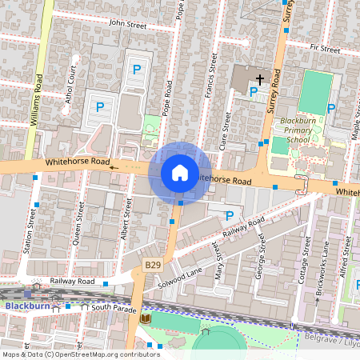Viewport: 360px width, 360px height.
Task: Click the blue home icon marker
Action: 180,172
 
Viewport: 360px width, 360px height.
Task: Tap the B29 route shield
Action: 153,264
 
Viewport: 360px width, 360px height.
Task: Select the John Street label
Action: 128,25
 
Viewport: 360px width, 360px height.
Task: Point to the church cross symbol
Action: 259,79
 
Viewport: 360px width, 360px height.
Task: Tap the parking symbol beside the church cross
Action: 254,91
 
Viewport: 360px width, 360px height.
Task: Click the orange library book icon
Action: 145,318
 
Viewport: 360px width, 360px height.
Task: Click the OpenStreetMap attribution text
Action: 80,354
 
